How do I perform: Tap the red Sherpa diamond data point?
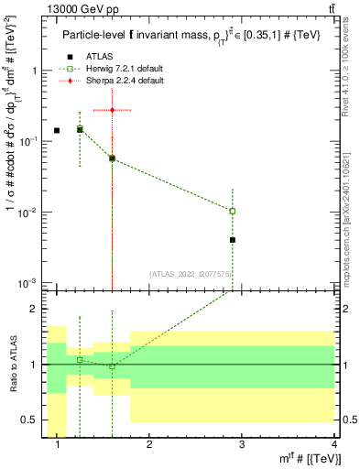(112, 110)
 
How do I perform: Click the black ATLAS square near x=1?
(57, 131)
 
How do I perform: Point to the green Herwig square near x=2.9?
(233, 211)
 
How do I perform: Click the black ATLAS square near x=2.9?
(233, 240)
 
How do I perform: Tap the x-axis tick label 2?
(149, 445)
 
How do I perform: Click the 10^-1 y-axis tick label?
(30, 141)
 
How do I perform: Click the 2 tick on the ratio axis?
(35, 309)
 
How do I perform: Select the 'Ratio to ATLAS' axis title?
(13, 365)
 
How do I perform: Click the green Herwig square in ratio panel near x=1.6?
(112, 366)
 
